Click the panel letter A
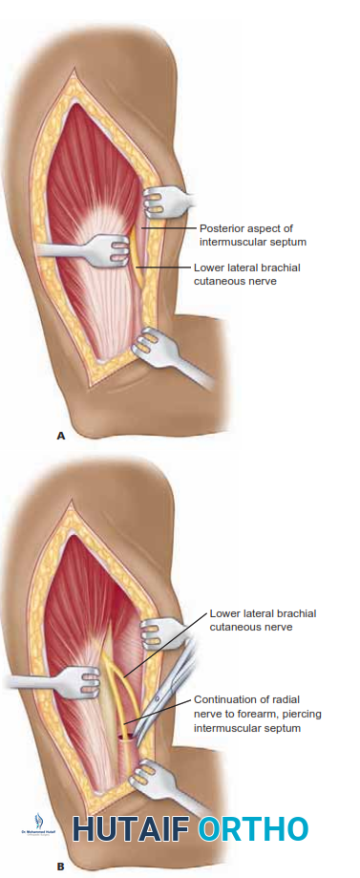click(x=61, y=435)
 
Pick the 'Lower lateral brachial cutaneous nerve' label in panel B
click(x=263, y=619)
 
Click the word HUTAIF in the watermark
click(x=131, y=828)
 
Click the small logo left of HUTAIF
click(x=37, y=825)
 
